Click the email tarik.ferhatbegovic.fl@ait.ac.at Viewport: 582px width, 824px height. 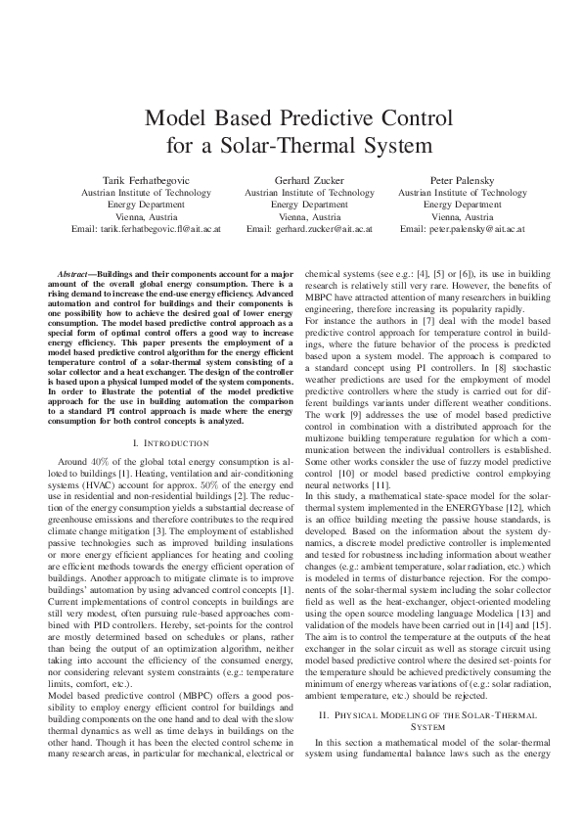tap(160, 229)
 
